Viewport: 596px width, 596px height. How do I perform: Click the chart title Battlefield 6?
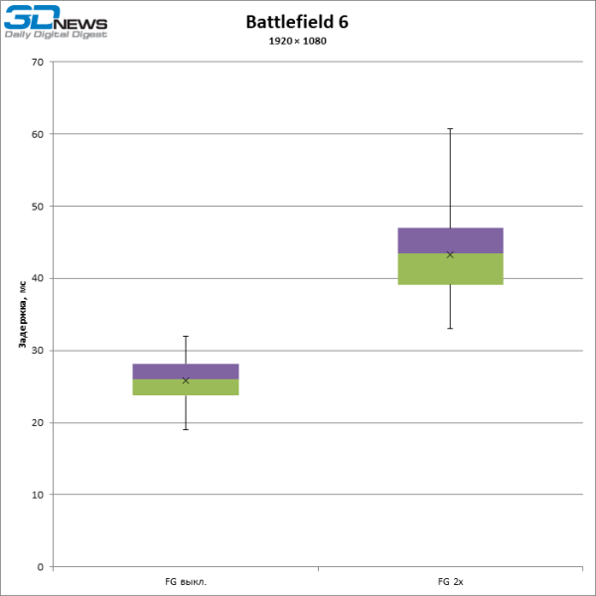[298, 22]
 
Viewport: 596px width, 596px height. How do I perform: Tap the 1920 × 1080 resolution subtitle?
[298, 41]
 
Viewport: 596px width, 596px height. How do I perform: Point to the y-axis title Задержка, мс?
[21, 314]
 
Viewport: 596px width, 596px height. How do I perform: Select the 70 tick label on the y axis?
[38, 62]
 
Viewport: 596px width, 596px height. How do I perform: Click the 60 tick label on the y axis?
[38, 134]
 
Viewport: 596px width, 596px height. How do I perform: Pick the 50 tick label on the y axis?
[38, 207]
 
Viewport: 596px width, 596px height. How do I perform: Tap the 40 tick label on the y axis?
[38, 278]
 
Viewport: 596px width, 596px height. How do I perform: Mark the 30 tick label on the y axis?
[38, 351]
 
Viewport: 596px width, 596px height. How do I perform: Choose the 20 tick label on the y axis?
[38, 423]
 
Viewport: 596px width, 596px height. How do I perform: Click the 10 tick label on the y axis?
[38, 495]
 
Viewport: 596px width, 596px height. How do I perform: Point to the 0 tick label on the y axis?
[41, 567]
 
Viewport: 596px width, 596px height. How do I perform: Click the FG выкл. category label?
[186, 580]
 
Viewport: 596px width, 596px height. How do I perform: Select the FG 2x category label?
[450, 580]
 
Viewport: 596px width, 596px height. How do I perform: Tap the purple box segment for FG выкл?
[186, 372]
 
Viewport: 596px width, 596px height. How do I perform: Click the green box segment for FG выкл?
[186, 387]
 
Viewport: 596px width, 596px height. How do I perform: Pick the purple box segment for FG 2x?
[450, 240]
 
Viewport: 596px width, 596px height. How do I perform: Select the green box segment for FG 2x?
[450, 269]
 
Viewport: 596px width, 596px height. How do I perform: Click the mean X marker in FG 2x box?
[450, 254]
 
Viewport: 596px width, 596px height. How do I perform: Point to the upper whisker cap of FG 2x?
[450, 129]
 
